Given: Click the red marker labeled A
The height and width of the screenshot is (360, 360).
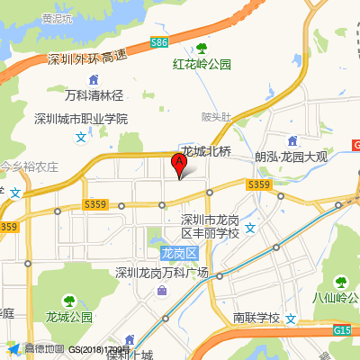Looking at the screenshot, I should click(x=178, y=164).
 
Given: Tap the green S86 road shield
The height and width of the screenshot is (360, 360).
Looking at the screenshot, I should click(x=159, y=42).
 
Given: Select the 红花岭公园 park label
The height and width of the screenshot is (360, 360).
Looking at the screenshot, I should click(x=202, y=64).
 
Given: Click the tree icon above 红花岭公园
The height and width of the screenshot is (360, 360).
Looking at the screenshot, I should click(x=202, y=49).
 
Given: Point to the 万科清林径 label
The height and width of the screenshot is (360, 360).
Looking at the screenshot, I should click(x=94, y=94).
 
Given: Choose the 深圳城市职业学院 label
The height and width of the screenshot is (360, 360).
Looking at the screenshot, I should click(x=81, y=119).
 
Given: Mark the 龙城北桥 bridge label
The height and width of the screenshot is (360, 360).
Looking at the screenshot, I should click(x=206, y=151).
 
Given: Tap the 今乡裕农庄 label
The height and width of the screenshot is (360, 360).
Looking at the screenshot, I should click(x=29, y=166).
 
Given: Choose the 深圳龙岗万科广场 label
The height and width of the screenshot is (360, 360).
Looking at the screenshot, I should click(x=162, y=273).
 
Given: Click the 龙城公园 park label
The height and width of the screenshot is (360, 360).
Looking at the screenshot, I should click(x=69, y=317).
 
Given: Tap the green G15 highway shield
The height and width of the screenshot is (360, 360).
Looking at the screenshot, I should click(x=345, y=331).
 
